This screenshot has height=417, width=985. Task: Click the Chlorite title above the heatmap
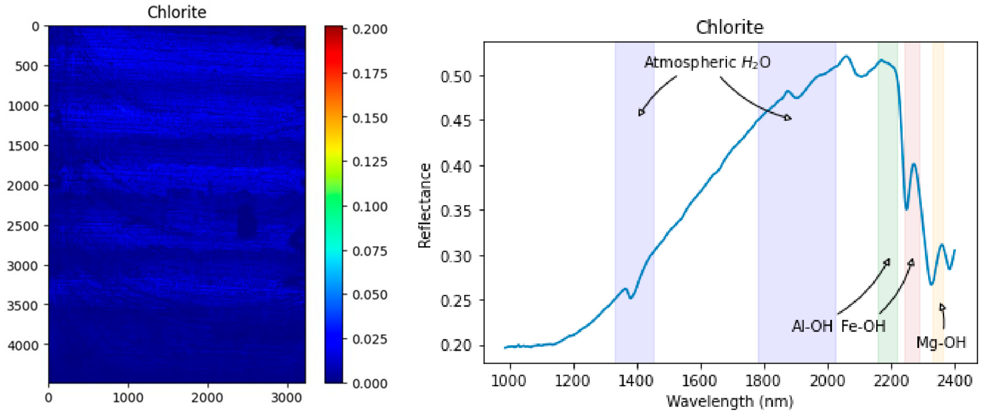click(x=177, y=13)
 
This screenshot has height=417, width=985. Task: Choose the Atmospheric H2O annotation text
click(x=707, y=62)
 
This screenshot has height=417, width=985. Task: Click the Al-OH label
click(x=812, y=326)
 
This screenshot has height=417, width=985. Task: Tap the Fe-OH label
click(x=863, y=326)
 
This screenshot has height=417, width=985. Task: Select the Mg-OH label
click(x=941, y=342)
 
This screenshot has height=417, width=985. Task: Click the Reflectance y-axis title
click(x=425, y=205)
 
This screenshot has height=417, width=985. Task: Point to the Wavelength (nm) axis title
click(x=730, y=402)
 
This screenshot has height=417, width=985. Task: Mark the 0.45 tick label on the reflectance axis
click(x=456, y=121)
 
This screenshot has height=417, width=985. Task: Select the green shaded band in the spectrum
click(x=888, y=191)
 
